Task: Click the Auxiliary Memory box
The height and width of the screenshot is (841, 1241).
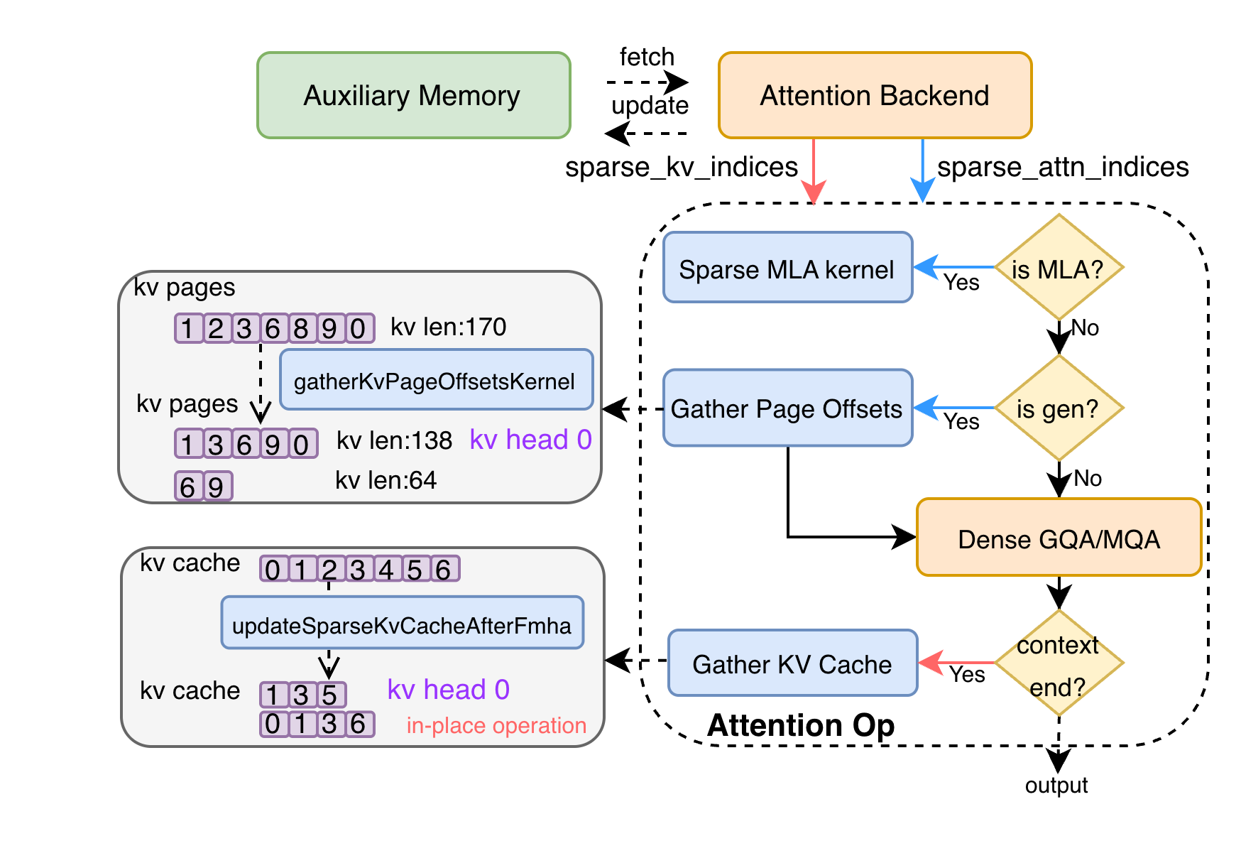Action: [x=413, y=95]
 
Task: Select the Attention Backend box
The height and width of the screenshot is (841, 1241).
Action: [x=875, y=95]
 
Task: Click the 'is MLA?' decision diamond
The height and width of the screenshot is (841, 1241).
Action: [x=1059, y=268]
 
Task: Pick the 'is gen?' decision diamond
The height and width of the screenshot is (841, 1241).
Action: [x=1059, y=408]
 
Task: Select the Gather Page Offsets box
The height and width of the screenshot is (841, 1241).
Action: [x=787, y=408]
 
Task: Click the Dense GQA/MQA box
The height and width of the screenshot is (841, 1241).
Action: [x=1059, y=538]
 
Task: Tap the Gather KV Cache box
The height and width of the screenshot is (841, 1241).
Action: [x=792, y=663]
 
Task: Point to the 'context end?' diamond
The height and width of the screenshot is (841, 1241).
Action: [x=1059, y=663]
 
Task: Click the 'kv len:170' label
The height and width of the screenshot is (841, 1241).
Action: [x=448, y=327]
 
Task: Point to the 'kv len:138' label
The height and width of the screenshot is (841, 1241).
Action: [x=394, y=440]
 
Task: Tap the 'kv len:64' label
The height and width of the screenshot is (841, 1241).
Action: [x=386, y=480]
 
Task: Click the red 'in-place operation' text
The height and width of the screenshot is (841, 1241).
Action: [x=496, y=725]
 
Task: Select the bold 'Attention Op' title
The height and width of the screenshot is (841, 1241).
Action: [x=801, y=725]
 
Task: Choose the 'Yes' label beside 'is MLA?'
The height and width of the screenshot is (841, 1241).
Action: [x=961, y=283]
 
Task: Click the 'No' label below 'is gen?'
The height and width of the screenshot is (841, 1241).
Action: [x=1088, y=478]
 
